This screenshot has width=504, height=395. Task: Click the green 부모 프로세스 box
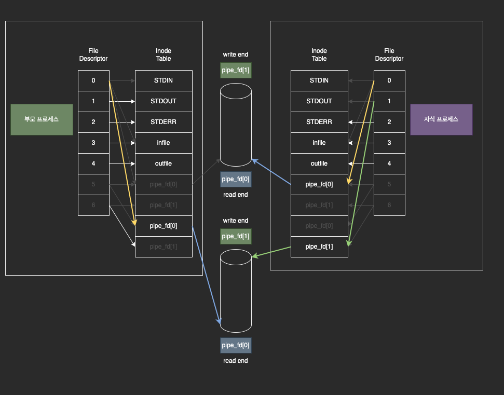point(42,119)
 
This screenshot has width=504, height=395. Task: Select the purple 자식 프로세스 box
point(441,119)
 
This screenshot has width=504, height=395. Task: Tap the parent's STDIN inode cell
point(164,80)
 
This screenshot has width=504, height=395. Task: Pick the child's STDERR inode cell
point(319,122)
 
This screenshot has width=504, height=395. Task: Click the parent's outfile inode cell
point(164,164)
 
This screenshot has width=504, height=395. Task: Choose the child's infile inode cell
point(319,143)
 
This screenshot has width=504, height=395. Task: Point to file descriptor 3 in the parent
point(93,143)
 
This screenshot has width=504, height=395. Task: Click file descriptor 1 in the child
point(389,101)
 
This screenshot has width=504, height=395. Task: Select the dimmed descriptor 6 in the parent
point(93,205)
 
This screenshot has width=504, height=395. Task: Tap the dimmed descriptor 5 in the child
point(389,184)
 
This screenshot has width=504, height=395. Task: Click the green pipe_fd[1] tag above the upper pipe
point(236,70)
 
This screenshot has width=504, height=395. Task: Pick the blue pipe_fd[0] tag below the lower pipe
point(236,345)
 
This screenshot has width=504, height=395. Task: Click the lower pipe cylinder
point(236,291)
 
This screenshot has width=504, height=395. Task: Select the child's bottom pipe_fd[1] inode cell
point(319,247)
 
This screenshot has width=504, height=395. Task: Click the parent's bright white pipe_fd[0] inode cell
point(164,226)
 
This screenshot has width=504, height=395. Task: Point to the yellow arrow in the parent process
point(122,153)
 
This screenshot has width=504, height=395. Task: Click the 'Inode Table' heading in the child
point(319,55)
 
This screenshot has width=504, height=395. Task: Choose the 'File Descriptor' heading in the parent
point(93,55)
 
